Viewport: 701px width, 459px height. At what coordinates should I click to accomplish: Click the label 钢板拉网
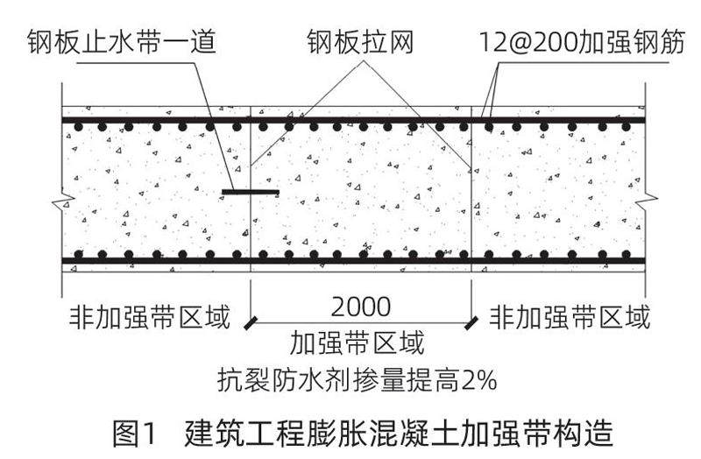click(x=360, y=41)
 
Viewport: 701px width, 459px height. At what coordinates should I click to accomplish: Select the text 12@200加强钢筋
click(x=579, y=41)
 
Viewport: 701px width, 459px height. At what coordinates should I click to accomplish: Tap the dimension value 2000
click(x=360, y=307)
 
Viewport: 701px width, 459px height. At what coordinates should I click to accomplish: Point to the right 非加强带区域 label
click(x=570, y=317)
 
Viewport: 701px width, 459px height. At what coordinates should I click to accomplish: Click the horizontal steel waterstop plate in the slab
click(x=250, y=192)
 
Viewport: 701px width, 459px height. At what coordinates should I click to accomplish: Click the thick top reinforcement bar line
click(x=350, y=119)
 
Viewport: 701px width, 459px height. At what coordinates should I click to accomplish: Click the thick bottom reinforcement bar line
click(x=350, y=261)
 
